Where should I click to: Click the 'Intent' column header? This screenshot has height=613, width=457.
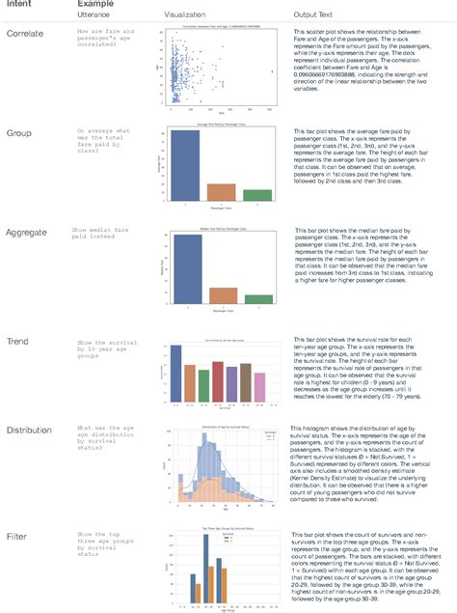coord(20,6)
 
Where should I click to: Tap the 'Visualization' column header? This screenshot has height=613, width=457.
coord(185,17)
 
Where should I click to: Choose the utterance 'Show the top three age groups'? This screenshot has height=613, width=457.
coord(103,539)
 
